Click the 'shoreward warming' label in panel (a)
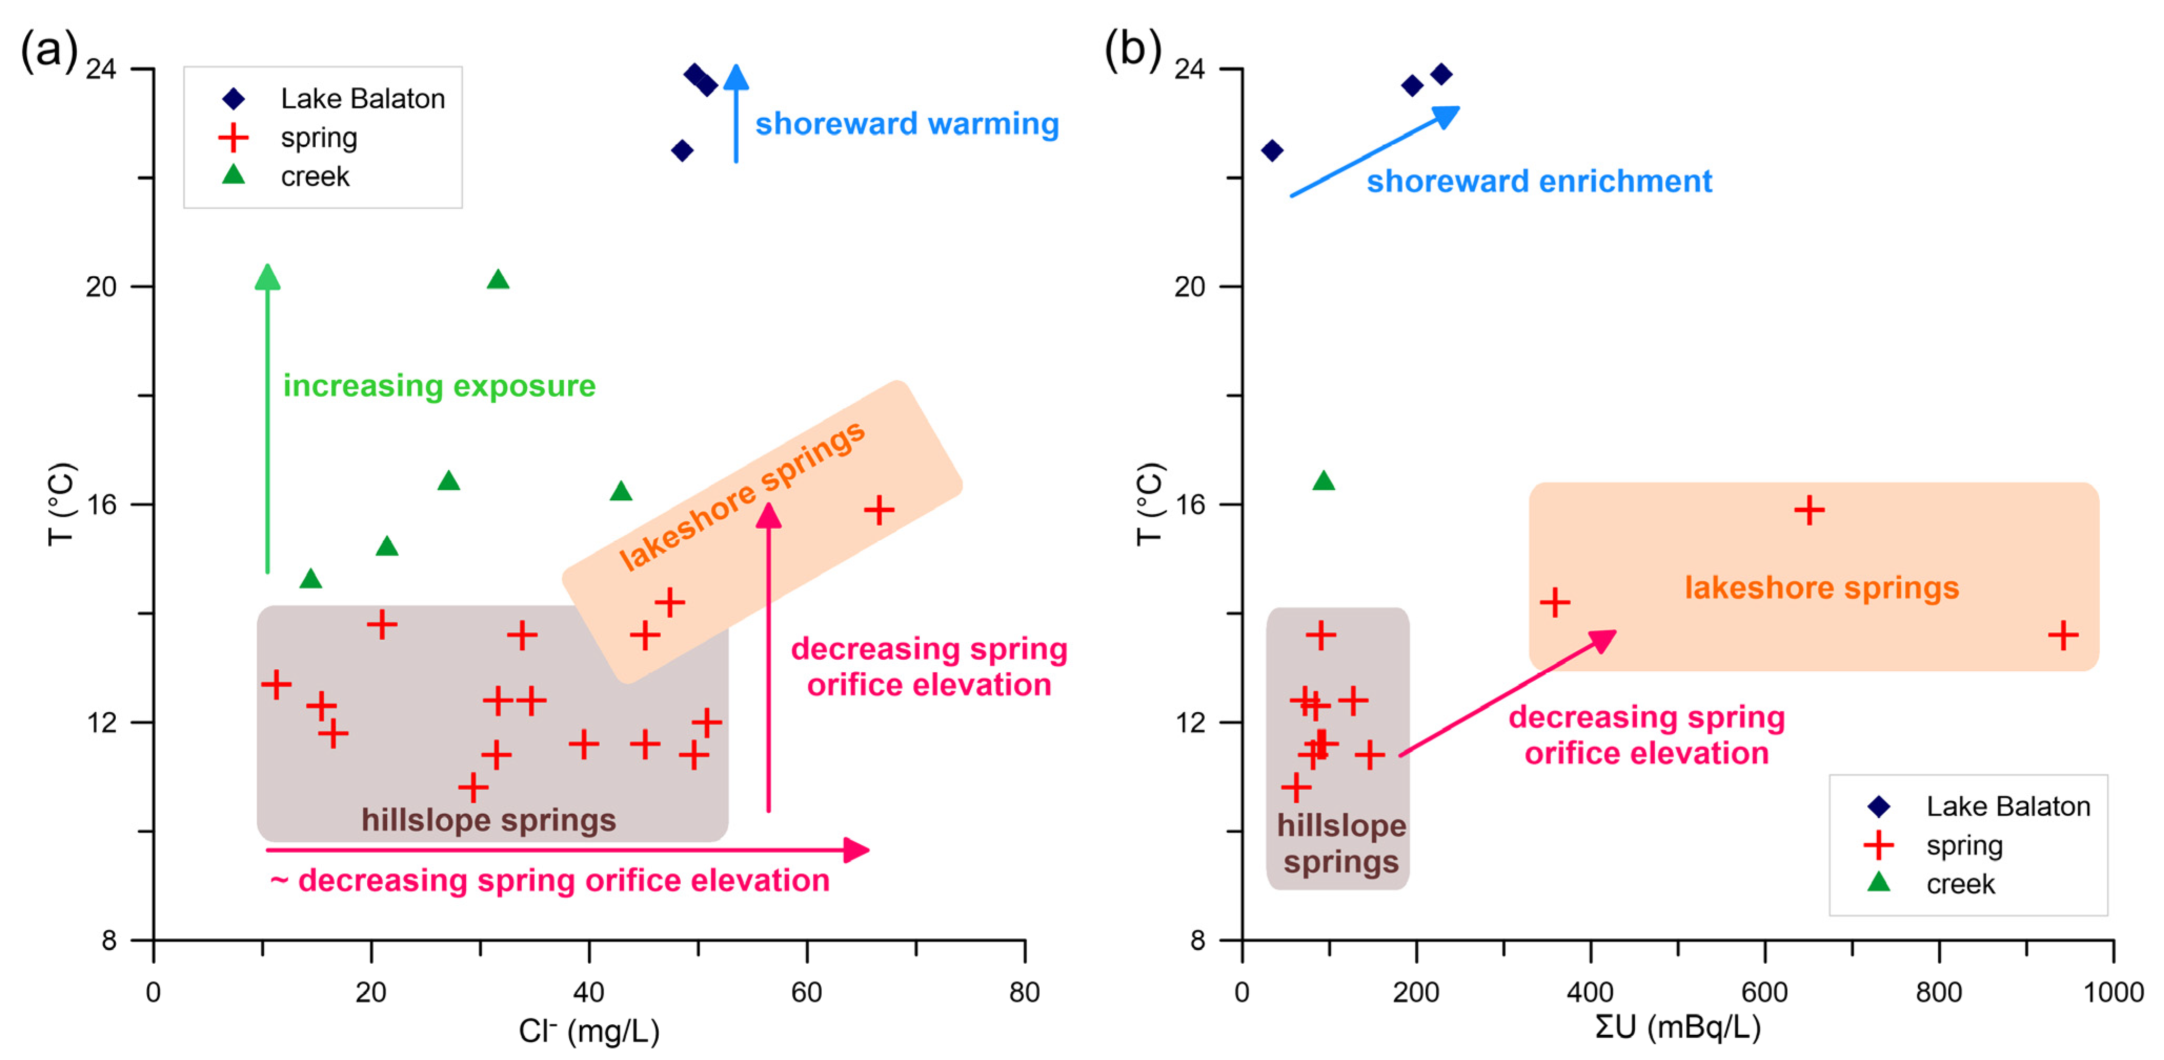(x=907, y=124)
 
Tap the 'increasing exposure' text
(x=438, y=386)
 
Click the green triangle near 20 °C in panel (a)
(x=498, y=280)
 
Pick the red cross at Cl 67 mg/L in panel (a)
(x=879, y=510)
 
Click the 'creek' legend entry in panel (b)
(x=1960, y=884)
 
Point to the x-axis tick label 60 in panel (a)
(x=807, y=993)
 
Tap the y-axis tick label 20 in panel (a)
(x=101, y=286)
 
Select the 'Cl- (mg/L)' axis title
(x=589, y=1031)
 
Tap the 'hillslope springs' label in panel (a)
(x=488, y=820)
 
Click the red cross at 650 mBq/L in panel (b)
(x=1809, y=510)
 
